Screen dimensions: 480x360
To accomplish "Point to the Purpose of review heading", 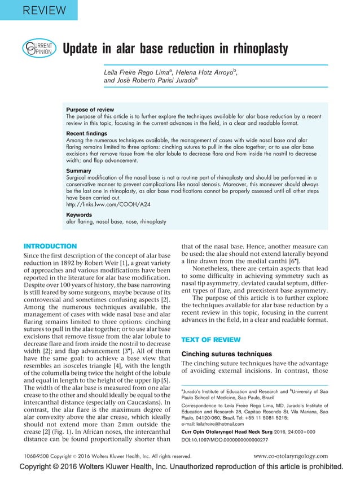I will [90, 110].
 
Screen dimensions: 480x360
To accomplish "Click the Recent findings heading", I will [87, 133].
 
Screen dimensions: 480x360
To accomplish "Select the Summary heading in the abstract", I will [79, 170].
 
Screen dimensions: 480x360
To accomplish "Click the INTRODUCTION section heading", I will [50, 246].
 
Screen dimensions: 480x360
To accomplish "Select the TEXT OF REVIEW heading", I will [210, 339].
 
